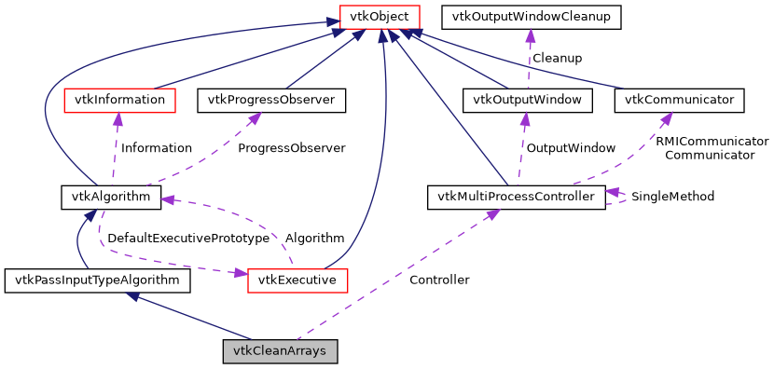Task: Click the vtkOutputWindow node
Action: click(x=528, y=99)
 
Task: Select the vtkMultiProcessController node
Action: click(x=516, y=197)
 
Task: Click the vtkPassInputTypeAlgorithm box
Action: click(x=98, y=280)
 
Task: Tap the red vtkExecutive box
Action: click(x=297, y=280)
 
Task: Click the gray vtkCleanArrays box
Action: click(x=280, y=351)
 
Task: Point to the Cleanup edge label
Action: click(x=557, y=58)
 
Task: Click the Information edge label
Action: click(x=157, y=147)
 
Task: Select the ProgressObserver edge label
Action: click(x=291, y=147)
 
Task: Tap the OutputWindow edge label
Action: click(x=571, y=147)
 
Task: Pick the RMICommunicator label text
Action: click(x=712, y=141)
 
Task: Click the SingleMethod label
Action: click(x=672, y=197)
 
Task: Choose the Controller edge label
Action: click(x=439, y=280)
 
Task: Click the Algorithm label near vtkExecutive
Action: click(x=314, y=238)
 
